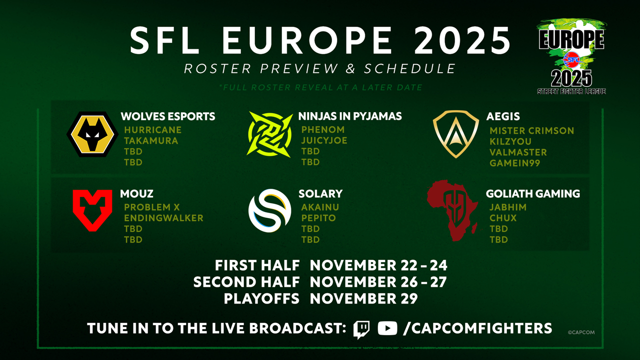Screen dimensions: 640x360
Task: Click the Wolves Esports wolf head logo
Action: [92, 134]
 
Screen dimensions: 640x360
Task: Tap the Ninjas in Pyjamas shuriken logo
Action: [269, 134]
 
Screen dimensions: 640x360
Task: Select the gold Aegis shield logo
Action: [455, 134]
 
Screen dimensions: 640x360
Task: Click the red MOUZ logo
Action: [92, 210]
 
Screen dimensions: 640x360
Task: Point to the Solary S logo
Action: [269, 210]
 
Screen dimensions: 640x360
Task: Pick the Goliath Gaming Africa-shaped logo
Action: [452, 210]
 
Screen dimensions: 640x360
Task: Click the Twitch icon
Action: [361, 329]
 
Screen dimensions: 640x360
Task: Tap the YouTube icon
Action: [387, 328]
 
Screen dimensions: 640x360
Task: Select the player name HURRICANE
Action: [153, 130]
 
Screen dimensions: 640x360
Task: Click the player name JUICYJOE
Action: [324, 140]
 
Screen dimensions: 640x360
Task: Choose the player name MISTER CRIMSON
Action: [531, 130]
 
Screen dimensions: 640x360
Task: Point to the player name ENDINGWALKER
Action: [163, 218]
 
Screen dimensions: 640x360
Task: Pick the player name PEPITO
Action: [318, 218]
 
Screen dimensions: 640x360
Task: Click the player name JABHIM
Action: [508, 207]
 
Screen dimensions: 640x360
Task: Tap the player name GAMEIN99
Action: [515, 163]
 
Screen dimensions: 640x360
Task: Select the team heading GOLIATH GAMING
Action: [533, 193]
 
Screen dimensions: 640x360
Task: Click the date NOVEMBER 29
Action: [363, 298]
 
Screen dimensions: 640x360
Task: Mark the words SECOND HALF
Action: [246, 282]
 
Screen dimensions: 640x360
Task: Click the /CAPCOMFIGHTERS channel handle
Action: [477, 328]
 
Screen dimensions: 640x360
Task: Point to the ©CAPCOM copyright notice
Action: [581, 332]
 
